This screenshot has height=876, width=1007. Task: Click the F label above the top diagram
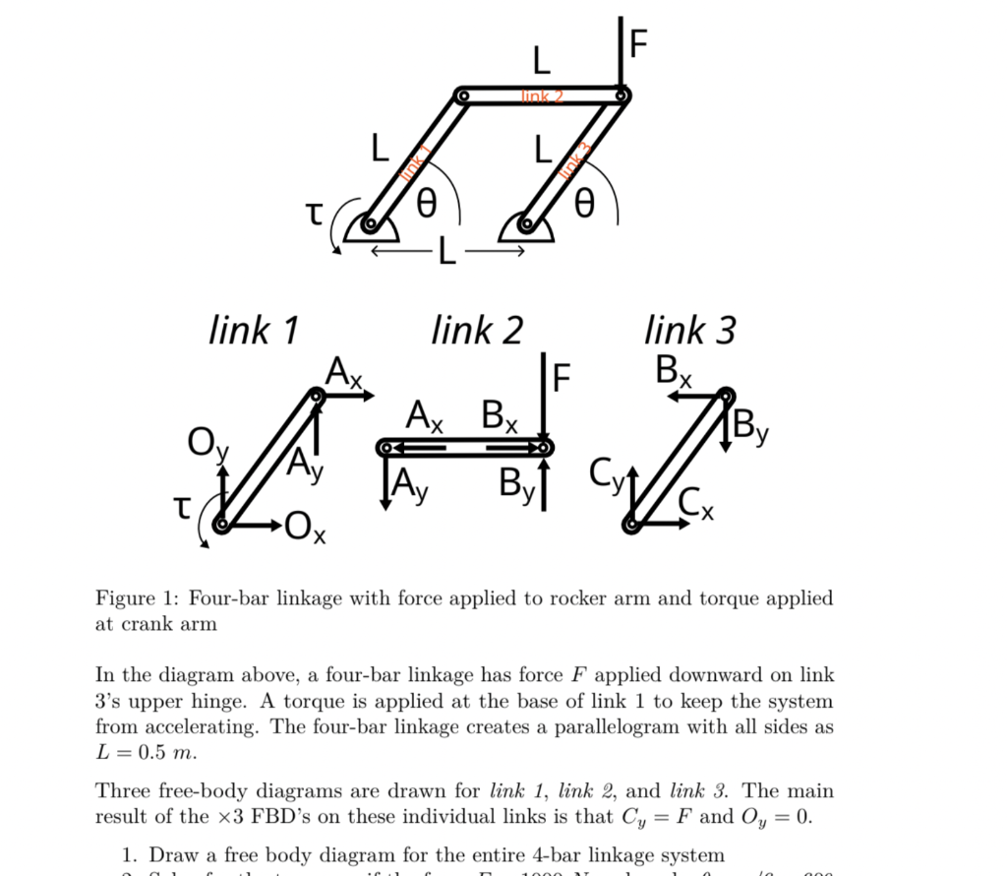[x=639, y=43]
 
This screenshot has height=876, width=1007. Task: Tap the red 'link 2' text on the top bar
[x=542, y=95]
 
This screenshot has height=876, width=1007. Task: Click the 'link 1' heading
[x=254, y=330]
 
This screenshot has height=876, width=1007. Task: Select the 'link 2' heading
[x=477, y=330]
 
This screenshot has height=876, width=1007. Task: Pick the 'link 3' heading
[x=689, y=330]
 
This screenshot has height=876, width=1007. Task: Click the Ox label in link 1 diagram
[x=310, y=531]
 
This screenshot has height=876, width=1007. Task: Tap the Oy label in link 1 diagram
[x=207, y=446]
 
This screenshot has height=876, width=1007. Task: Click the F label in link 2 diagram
[x=561, y=377]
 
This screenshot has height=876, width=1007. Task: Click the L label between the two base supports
[x=447, y=253]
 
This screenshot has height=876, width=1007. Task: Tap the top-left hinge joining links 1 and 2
[x=463, y=96]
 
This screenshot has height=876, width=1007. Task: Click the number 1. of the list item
[x=129, y=855]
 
